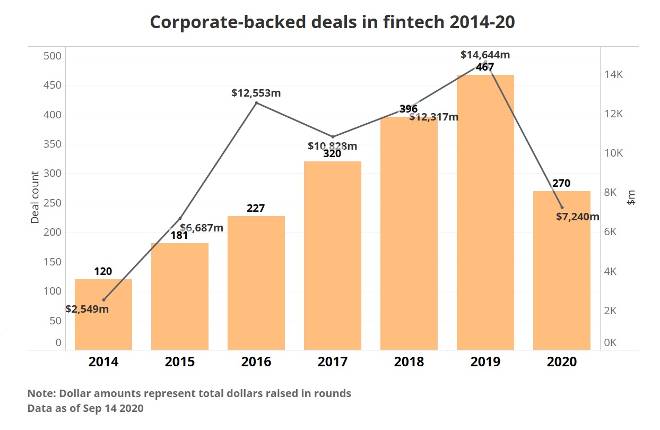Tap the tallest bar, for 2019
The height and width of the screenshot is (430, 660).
tap(485, 212)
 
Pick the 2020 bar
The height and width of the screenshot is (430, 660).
tap(561, 271)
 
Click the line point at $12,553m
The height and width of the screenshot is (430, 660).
tap(256, 102)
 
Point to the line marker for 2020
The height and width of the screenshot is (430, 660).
tap(562, 207)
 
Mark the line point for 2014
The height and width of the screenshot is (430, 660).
tap(103, 300)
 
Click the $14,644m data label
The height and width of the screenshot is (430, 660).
tap(485, 54)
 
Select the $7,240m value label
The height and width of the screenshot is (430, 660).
tap(577, 217)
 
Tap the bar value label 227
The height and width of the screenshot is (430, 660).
tap(256, 208)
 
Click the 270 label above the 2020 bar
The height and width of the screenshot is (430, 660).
tap(561, 183)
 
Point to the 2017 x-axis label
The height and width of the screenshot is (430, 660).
tap(332, 362)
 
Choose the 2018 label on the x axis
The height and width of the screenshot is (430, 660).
tap(409, 362)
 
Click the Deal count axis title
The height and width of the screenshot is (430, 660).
tap(35, 197)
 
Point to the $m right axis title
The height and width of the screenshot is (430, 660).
tap(631, 197)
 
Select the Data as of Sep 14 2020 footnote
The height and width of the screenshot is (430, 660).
tap(85, 409)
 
